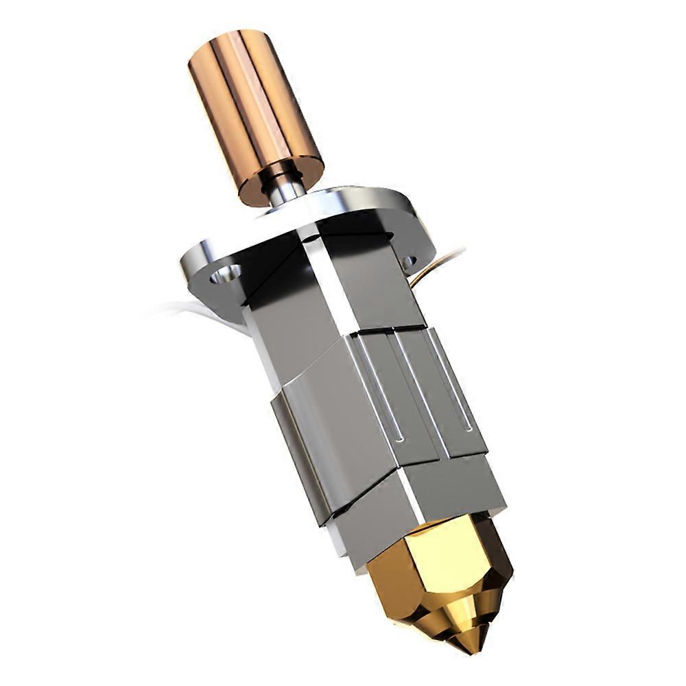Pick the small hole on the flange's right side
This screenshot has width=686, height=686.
coord(410,261)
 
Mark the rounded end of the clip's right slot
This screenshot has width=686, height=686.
coord(468,428)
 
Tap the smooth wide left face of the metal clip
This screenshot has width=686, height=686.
coord(336,425)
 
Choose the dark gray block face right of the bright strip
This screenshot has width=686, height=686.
coord(374,281)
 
